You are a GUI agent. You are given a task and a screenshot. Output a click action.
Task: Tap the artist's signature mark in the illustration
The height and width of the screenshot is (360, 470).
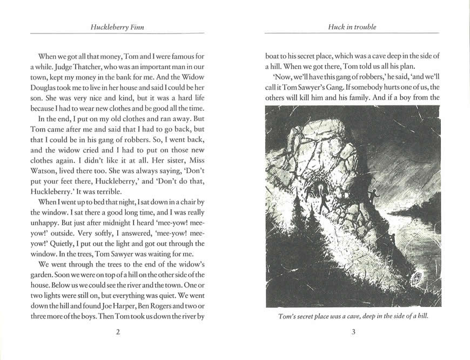[x=417, y=278]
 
